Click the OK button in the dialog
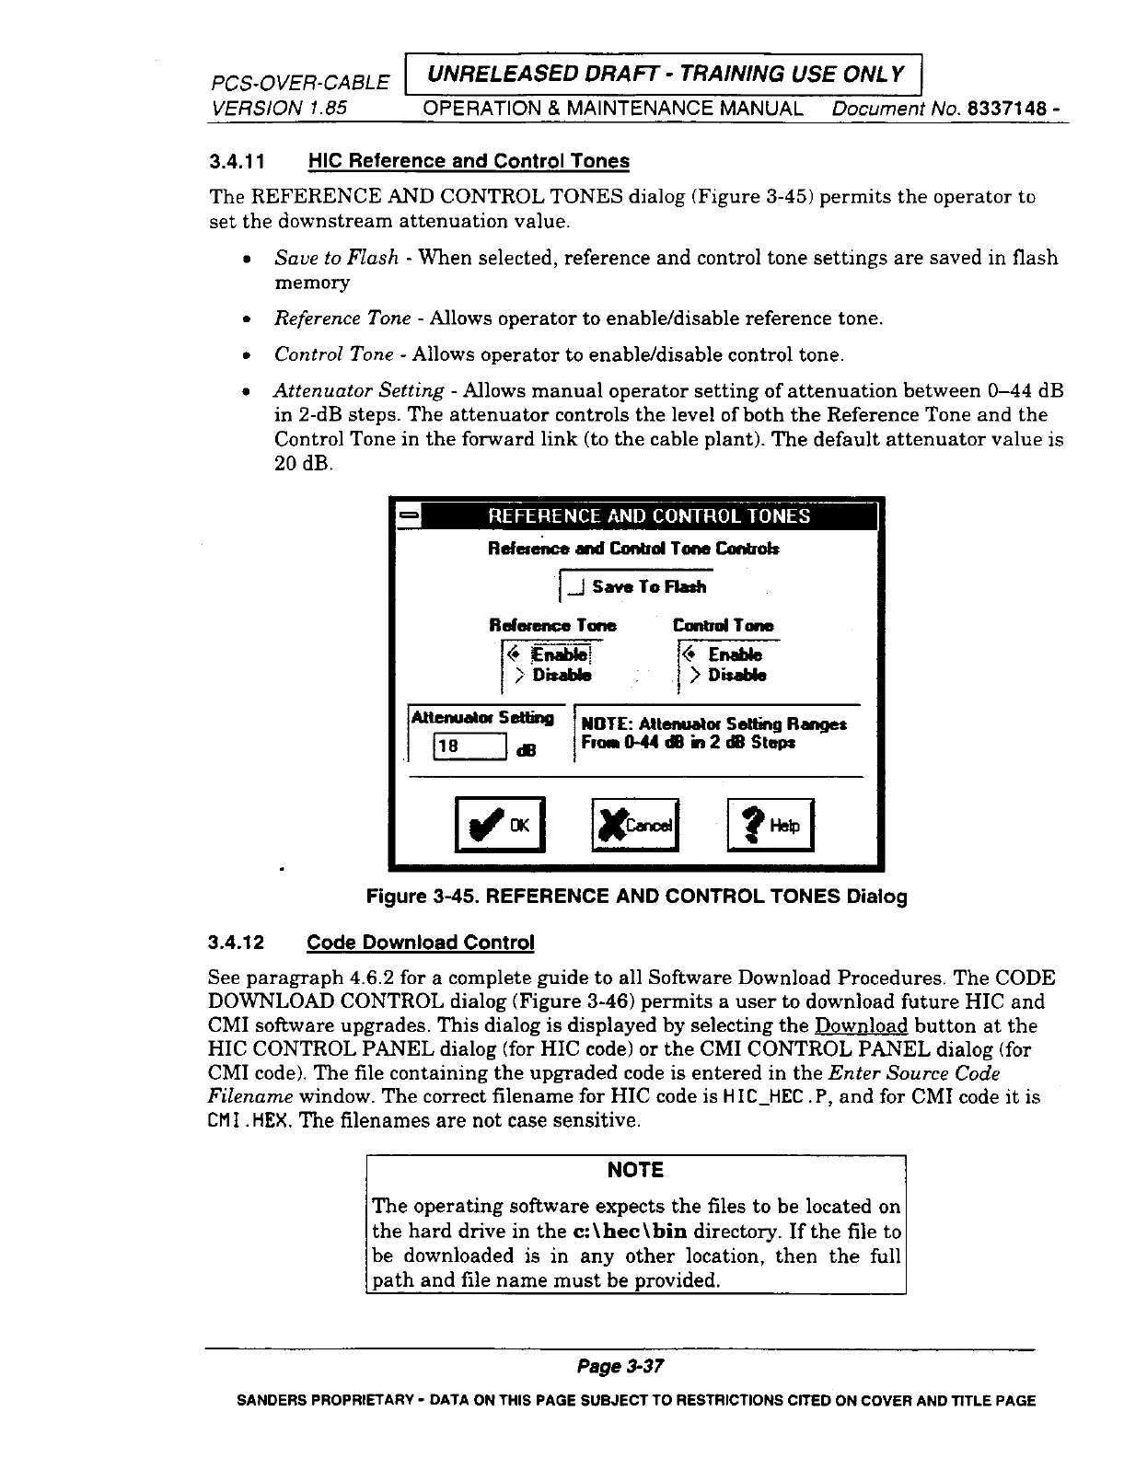tap(502, 826)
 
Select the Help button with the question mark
tap(771, 826)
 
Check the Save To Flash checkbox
tap(577, 587)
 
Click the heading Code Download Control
tap(420, 943)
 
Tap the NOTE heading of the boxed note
tap(636, 1170)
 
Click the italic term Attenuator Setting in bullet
tap(360, 391)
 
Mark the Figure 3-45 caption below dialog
tap(636, 897)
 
